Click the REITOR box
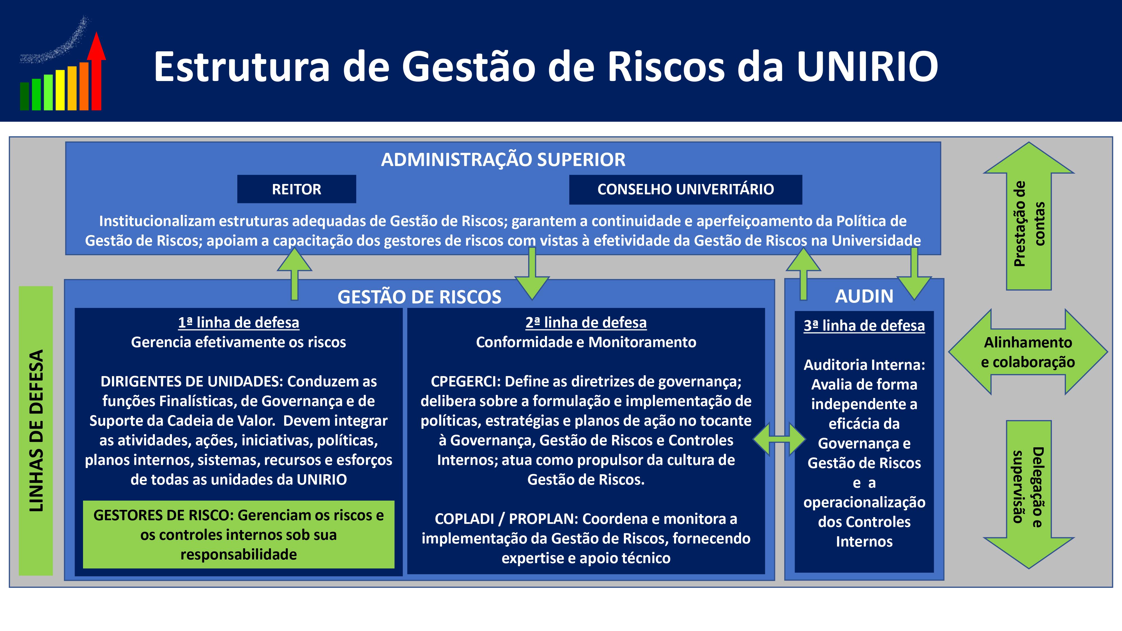296,189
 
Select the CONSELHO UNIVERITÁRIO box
686,189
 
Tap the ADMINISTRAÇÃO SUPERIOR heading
503,159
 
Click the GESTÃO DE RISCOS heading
419,297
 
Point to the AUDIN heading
864,296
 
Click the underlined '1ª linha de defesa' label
239,323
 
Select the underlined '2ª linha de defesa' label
586,323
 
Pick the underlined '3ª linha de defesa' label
864,326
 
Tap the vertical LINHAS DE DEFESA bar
36,431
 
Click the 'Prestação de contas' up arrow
1029,216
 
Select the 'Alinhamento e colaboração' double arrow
1028,352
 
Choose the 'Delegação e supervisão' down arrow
1029,494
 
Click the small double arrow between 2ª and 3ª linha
780,440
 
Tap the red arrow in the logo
96,71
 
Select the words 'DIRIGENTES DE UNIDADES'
192,381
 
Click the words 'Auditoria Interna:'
864,365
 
